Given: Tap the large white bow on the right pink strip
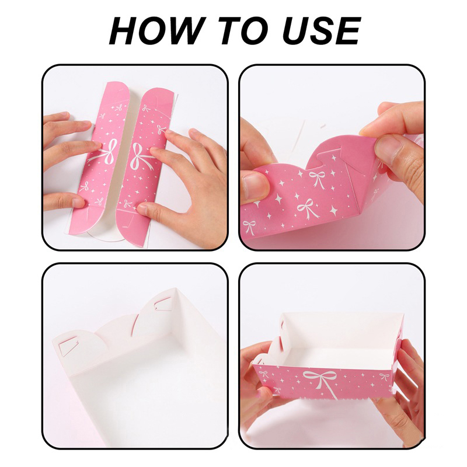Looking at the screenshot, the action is pyautogui.click(x=144, y=155).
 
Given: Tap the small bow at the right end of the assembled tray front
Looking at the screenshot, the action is pyautogui.click(x=384, y=377).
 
